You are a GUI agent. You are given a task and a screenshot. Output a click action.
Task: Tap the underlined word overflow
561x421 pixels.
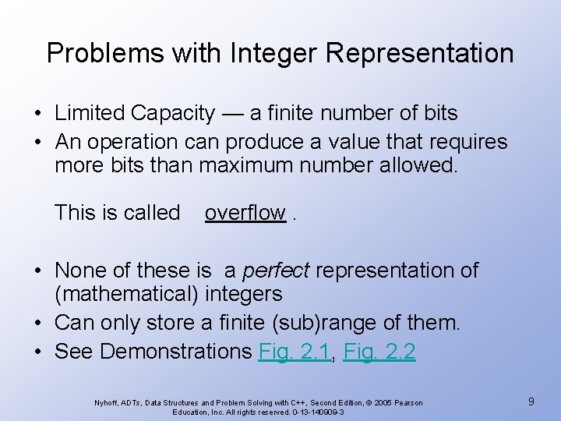point(245,213)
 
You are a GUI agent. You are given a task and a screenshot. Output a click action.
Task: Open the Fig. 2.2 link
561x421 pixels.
point(380,352)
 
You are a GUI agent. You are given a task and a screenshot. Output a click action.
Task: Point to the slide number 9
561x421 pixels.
point(531,402)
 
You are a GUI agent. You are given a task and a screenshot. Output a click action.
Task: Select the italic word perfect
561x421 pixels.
point(276,271)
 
